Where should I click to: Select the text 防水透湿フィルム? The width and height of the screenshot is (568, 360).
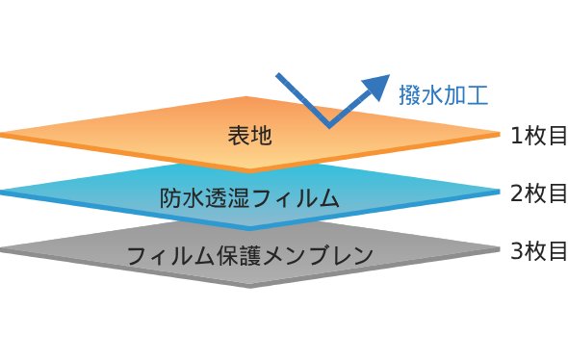(x=248, y=198)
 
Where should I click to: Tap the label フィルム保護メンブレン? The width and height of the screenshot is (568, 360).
(x=249, y=256)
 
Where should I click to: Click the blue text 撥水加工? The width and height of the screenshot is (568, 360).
(x=444, y=93)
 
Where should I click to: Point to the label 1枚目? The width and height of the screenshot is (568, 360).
(x=538, y=136)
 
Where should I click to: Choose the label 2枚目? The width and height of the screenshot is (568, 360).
(x=538, y=193)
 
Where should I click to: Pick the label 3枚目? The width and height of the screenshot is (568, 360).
(x=538, y=252)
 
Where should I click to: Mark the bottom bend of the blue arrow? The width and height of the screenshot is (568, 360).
(x=329, y=125)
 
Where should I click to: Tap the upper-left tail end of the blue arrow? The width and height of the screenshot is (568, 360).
(x=279, y=75)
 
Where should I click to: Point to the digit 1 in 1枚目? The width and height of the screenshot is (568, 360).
(x=517, y=137)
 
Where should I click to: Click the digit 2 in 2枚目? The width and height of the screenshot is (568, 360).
(x=517, y=194)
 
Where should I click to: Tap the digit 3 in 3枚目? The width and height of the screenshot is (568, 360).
(x=517, y=253)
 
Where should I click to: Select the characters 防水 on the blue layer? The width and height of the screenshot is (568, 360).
(x=181, y=198)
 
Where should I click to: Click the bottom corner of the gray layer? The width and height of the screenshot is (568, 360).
(x=249, y=285)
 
